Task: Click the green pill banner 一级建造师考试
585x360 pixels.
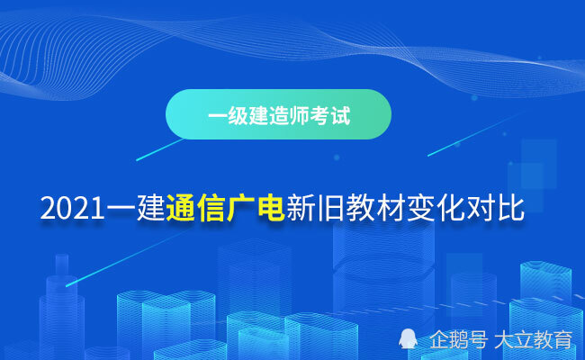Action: coord(278,114)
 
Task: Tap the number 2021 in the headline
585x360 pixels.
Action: coord(72,209)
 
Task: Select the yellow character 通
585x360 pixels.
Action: coord(181,208)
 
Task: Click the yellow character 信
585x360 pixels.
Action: coord(211,208)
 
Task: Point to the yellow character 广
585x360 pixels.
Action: coord(241,208)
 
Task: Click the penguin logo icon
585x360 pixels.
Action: coord(408,338)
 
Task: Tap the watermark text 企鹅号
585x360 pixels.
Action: coord(458,339)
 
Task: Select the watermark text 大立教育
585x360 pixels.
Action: coord(534,339)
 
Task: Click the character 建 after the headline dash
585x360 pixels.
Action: coord(150,208)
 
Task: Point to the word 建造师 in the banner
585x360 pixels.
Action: coord(279,115)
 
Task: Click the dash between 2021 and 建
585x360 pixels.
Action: coord(121,207)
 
